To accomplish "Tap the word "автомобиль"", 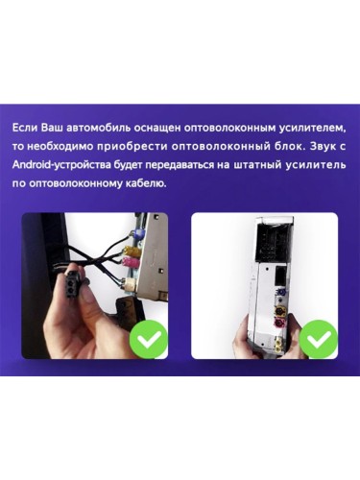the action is click(x=100, y=128).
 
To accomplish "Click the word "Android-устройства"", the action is click(x=62, y=165).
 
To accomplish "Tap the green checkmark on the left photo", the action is click(x=149, y=339).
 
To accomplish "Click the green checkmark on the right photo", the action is click(x=319, y=339).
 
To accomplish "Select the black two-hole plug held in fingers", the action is click(x=72, y=284).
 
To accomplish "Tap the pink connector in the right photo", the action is click(x=281, y=324).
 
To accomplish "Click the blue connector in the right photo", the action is click(x=283, y=293).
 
